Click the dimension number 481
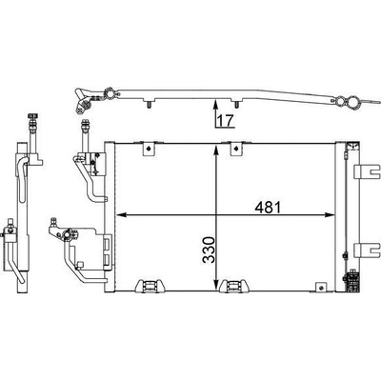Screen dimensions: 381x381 268,208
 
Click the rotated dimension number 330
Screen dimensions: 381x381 209,250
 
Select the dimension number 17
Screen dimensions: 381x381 226,120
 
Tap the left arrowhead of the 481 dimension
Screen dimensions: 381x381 120,215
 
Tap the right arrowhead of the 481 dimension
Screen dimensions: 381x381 330,215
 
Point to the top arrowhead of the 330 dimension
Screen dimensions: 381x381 216,150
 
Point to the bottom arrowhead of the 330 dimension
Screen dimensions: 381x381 216,286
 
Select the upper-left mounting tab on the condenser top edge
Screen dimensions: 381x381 149,149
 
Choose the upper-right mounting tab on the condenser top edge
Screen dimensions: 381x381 235,149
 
